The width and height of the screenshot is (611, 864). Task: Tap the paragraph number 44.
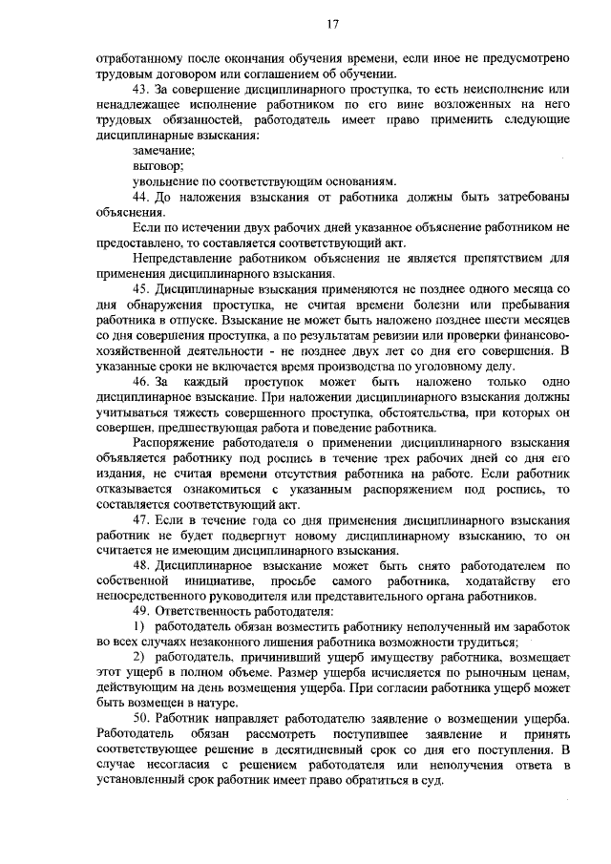pyautogui.click(x=142, y=197)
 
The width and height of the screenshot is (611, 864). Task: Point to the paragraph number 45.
pyautogui.click(x=142, y=287)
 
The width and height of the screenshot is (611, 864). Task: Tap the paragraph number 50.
pyautogui.click(x=142, y=717)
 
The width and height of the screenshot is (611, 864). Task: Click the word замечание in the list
pyautogui.click(x=165, y=151)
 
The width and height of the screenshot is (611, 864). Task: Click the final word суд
pyautogui.click(x=433, y=778)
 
